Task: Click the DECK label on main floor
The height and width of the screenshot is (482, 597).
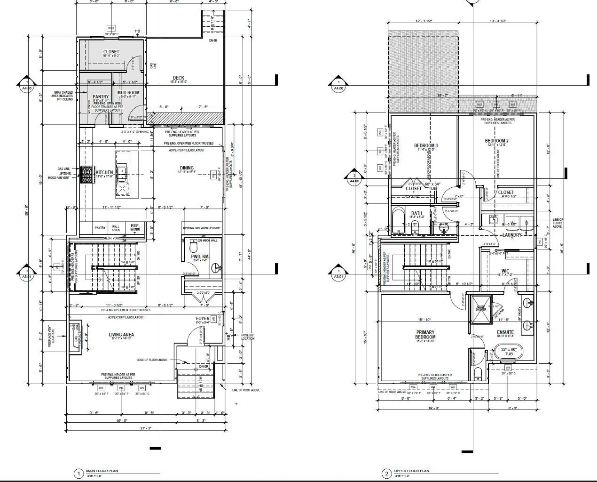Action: click(x=178, y=78)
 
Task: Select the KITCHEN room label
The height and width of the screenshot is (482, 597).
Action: click(x=104, y=173)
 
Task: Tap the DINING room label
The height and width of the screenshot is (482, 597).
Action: click(x=186, y=168)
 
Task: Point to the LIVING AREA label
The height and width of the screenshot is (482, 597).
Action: click(x=122, y=335)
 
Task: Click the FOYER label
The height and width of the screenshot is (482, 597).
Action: click(x=203, y=319)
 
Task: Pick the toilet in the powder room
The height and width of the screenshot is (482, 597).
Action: click(x=193, y=246)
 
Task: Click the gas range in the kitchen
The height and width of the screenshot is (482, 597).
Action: click(x=86, y=175)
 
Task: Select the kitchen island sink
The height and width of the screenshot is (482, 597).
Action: click(x=122, y=174)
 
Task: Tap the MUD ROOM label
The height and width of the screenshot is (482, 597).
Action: click(x=128, y=93)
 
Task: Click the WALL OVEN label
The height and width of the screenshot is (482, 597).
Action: click(x=116, y=228)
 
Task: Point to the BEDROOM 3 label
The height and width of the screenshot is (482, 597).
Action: click(x=425, y=146)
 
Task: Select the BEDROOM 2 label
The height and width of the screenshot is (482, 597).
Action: click(x=496, y=141)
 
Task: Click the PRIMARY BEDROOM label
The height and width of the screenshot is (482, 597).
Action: click(x=425, y=335)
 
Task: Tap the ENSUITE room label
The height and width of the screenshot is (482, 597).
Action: click(x=505, y=333)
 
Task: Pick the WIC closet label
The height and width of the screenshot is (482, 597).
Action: click(x=505, y=271)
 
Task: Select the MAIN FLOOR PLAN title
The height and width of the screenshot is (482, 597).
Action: click(x=102, y=471)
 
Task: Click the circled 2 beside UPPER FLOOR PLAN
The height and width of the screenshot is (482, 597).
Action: click(x=386, y=474)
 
